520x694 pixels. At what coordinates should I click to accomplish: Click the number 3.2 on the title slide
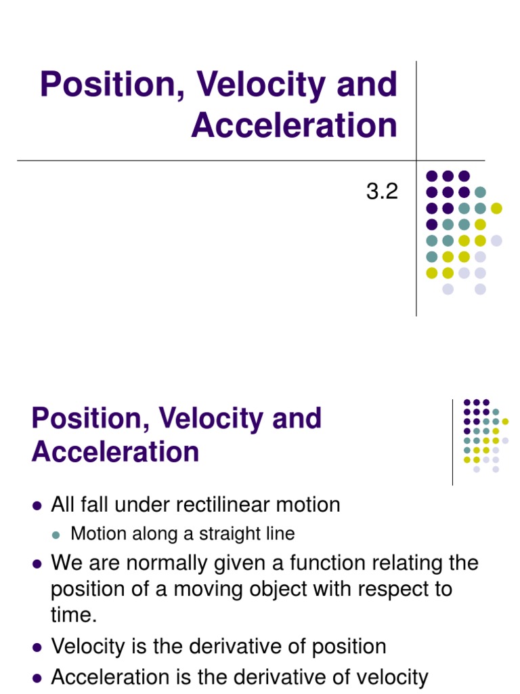tap(382, 192)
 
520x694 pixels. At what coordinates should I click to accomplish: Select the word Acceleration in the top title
tap(294, 125)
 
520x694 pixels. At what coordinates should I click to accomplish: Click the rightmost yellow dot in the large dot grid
tap(496, 208)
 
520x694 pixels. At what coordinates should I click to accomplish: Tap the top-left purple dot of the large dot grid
tap(431, 176)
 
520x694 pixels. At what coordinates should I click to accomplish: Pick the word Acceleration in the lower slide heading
tap(115, 452)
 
